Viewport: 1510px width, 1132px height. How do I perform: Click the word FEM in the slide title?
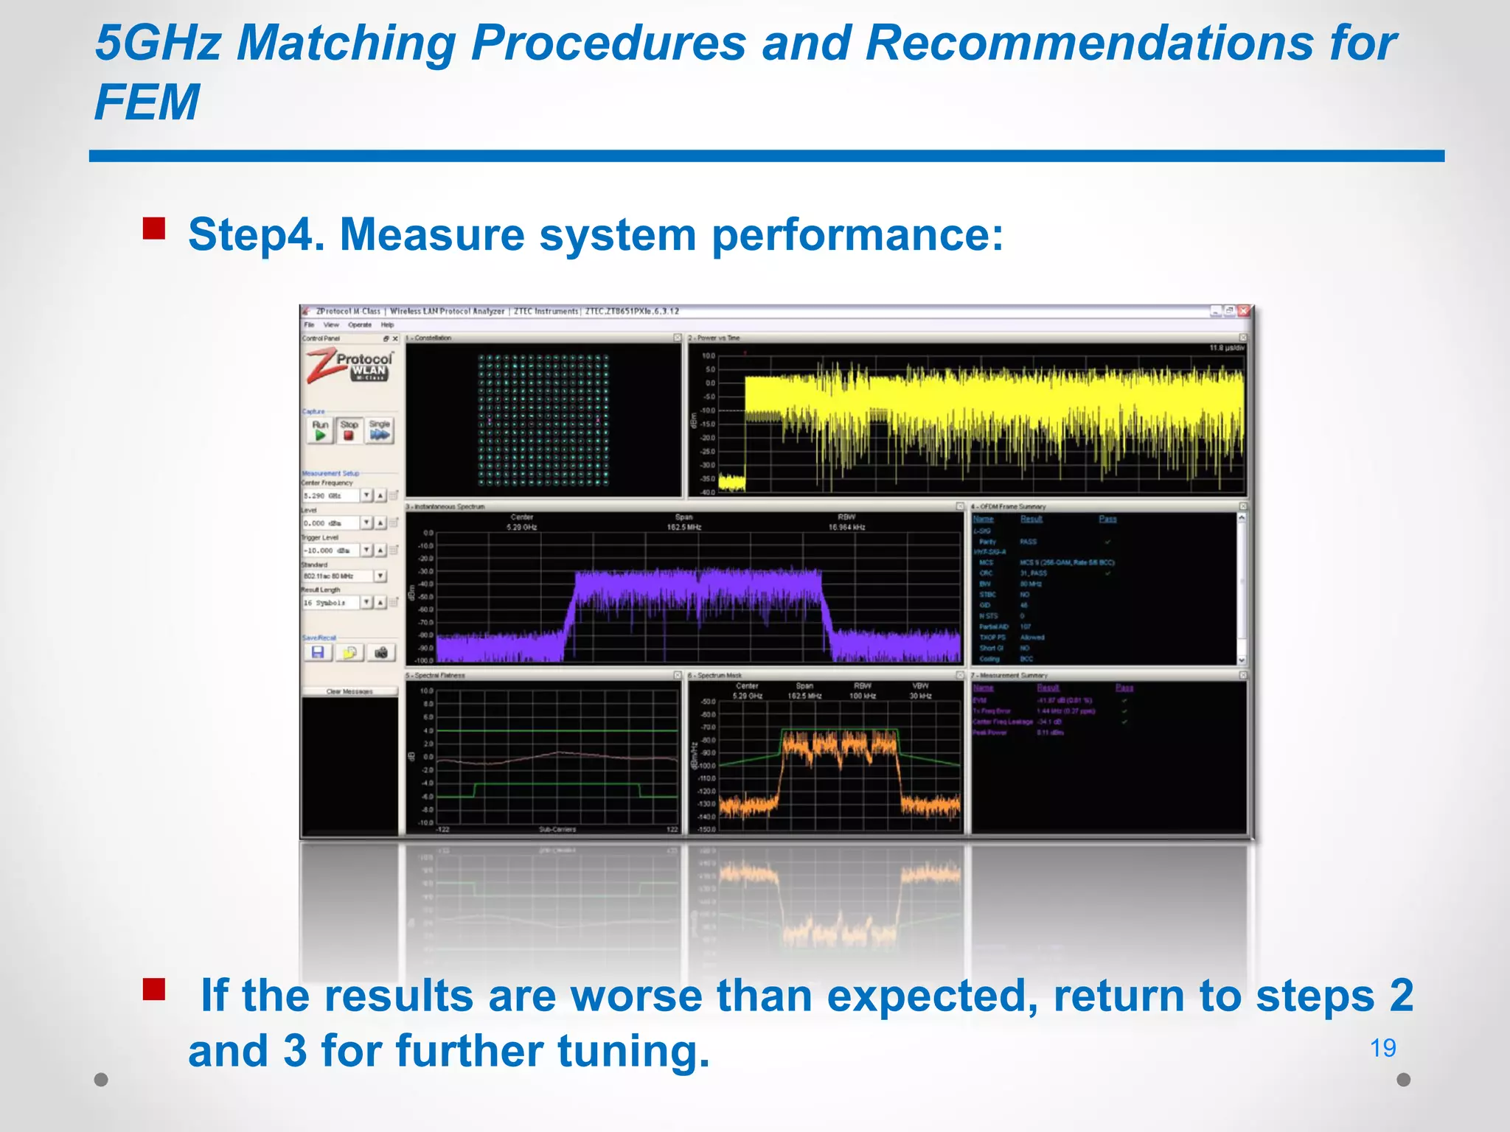(147, 102)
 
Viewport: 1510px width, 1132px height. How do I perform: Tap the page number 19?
(1382, 1047)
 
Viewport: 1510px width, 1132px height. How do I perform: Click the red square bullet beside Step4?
(154, 228)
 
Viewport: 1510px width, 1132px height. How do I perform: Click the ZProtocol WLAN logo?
(350, 366)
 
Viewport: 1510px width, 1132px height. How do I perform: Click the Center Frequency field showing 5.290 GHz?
(330, 496)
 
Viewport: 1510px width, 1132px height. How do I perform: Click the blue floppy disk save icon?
(318, 652)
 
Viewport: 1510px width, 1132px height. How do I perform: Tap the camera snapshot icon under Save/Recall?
(381, 652)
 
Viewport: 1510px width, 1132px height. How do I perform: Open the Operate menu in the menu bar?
(360, 324)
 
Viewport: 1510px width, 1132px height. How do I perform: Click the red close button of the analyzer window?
(1244, 311)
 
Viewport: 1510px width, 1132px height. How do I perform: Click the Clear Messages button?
(349, 691)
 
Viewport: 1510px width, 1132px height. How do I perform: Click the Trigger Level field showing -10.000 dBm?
(330, 551)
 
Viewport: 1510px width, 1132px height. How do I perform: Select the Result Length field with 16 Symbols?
(330, 603)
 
